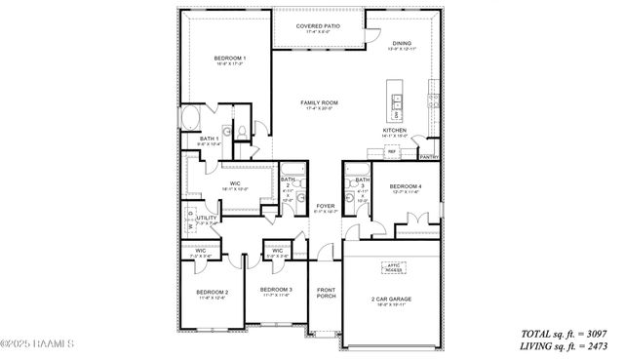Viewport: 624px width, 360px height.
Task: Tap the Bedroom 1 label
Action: coord(230,59)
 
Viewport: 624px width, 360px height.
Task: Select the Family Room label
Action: coord(319,102)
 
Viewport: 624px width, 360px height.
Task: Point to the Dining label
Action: coord(402,44)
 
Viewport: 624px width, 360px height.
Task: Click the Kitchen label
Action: coord(394,130)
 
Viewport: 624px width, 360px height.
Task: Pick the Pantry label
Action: coord(427,156)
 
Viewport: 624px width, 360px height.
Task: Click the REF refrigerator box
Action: coord(392,152)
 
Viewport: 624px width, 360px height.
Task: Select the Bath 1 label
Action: coord(209,140)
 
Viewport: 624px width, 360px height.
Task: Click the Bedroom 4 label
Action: coord(406,185)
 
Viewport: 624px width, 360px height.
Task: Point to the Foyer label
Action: coord(325,206)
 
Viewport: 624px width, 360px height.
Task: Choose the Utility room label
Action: coord(206,219)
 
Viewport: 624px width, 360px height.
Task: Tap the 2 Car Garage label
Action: coord(390,299)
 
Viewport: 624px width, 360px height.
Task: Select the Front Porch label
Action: coord(326,294)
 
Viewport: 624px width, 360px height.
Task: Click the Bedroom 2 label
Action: coord(212,292)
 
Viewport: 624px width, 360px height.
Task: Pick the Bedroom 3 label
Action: coord(276,290)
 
